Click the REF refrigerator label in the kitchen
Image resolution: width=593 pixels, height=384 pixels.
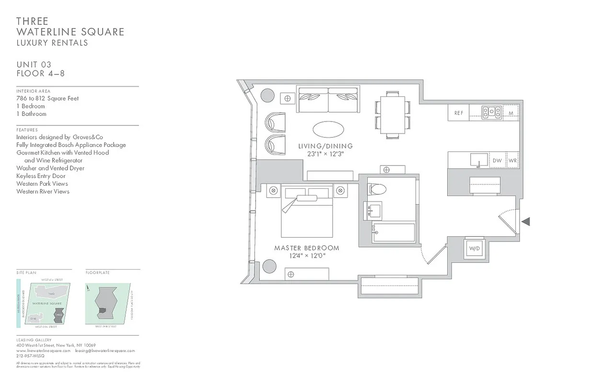[x=458, y=113]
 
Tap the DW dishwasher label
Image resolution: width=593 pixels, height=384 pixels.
[x=497, y=161]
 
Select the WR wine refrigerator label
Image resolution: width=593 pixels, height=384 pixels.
[x=512, y=161]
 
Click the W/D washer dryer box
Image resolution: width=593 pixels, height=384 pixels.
[x=474, y=249]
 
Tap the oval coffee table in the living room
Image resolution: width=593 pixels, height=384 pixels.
[x=328, y=129]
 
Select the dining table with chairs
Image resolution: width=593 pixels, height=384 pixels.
[x=392, y=115]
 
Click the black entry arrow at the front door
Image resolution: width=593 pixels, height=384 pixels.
[x=526, y=221]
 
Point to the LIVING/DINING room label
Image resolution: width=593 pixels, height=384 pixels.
[x=325, y=146]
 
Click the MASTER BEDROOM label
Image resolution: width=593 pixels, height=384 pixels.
[x=306, y=248]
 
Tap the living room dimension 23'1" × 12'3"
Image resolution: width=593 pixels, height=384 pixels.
[x=326, y=154]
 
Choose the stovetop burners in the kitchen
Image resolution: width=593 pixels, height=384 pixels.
[x=492, y=112]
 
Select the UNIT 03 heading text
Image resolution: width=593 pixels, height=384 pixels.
[x=34, y=65]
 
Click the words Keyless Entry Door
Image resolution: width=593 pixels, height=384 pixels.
[x=41, y=176]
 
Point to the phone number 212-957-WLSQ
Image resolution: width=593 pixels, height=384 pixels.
[x=30, y=356]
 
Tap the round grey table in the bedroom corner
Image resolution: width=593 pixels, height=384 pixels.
[x=269, y=266]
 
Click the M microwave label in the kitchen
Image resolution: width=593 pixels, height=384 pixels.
[x=511, y=113]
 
